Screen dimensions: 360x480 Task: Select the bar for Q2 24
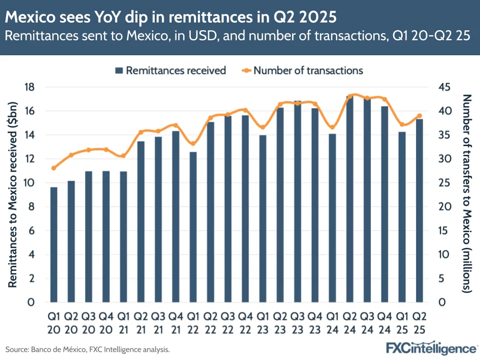pos(350,199)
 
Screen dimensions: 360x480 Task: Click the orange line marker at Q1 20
pos(54,168)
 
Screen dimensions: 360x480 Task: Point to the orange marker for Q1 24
pos(332,127)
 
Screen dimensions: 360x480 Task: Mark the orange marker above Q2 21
pos(141,132)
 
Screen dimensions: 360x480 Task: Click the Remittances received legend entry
pos(171,71)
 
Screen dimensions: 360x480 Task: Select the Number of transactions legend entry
pos(302,71)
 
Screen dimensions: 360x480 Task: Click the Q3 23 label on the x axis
pos(298,323)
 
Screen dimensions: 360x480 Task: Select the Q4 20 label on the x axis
pos(106,323)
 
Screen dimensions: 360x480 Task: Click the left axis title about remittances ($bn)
pos(13,195)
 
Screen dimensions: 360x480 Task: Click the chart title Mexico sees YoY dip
pos(171,18)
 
